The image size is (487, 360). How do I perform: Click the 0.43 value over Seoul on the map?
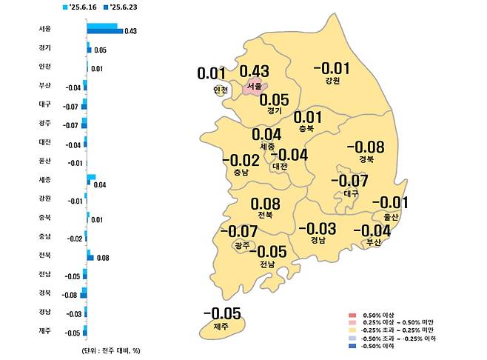[253, 72]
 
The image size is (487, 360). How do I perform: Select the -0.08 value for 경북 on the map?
[365, 147]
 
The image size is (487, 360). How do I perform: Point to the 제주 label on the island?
[221, 326]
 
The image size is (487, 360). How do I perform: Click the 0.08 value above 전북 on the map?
[265, 204]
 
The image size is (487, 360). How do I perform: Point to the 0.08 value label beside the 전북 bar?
[103, 259]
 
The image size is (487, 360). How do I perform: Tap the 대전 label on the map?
[280, 166]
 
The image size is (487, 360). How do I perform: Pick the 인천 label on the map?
[220, 90]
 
